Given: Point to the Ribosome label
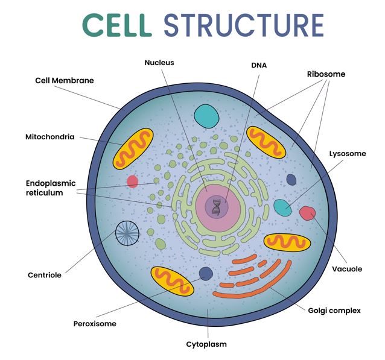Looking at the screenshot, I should pos(326,74).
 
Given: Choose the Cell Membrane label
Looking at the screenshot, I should pos(65,80).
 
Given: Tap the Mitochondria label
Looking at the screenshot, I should pos(49,137).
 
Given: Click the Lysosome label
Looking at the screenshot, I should pos(347,154).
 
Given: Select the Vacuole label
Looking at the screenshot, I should pos(347,269).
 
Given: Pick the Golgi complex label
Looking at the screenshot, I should pos(334,311).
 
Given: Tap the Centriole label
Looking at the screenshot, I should pos(45,275).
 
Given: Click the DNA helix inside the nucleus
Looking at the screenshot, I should pos(216,207).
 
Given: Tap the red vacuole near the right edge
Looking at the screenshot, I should pos(308,213).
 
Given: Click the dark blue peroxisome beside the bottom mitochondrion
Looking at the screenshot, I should pos(206,273).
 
